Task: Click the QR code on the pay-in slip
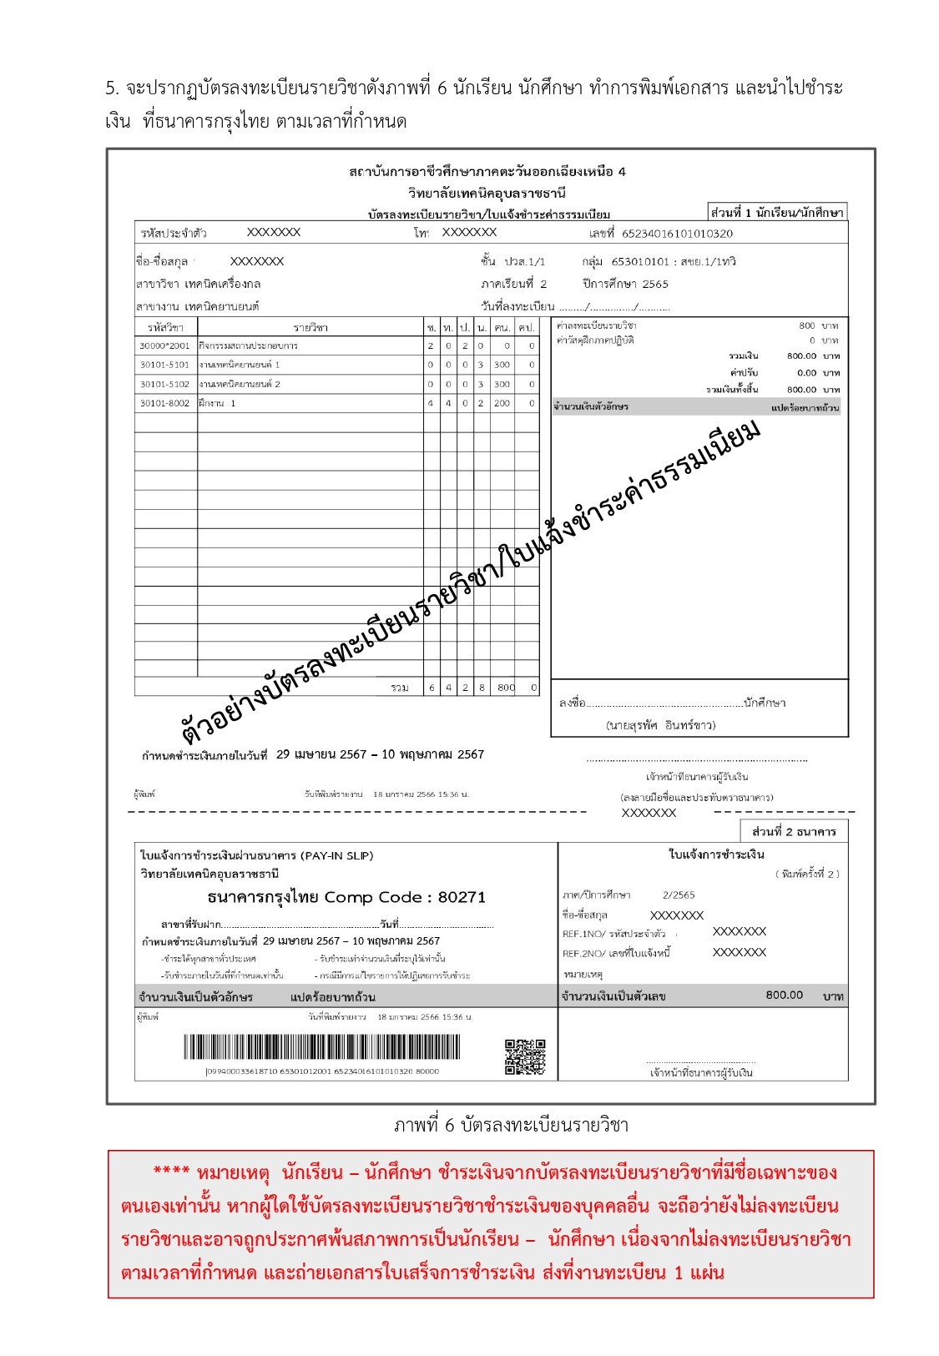[x=525, y=1056]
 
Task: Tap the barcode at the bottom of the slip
[x=321, y=1047]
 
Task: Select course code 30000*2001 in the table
[x=164, y=345]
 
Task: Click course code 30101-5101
[x=164, y=365]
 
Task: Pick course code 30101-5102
[x=164, y=385]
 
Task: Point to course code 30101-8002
[x=164, y=404]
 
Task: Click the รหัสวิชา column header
[x=165, y=327]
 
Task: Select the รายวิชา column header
[x=310, y=327]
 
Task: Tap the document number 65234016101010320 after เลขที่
[x=677, y=234]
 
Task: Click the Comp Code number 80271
[x=462, y=898]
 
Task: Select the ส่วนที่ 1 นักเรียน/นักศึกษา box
[x=776, y=213]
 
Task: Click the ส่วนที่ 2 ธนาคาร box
[x=793, y=832]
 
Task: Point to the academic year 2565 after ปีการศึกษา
[x=655, y=284]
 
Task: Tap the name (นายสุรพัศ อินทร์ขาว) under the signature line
[x=660, y=725]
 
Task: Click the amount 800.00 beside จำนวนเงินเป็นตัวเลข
[x=784, y=996]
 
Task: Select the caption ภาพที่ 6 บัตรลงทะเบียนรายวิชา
[x=510, y=1126]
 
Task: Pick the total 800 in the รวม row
[x=506, y=688]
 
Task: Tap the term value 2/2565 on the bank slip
[x=679, y=895]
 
